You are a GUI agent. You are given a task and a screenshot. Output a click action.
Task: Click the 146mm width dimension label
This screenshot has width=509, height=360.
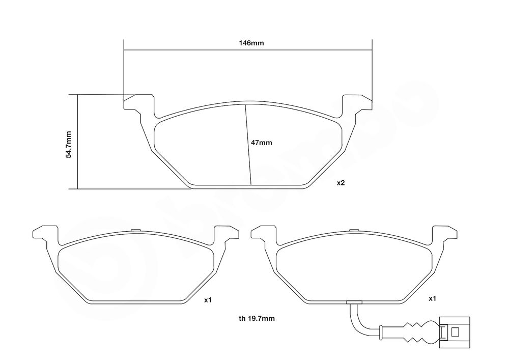[x=251, y=43]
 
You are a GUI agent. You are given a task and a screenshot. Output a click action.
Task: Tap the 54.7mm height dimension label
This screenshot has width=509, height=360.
[x=68, y=145]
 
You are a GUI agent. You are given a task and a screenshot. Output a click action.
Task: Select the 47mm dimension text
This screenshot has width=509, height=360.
[x=261, y=143]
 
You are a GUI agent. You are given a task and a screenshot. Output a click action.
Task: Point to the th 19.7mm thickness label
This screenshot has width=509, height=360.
[x=257, y=318]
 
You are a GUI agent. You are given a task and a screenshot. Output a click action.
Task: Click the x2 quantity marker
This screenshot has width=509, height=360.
[x=341, y=183]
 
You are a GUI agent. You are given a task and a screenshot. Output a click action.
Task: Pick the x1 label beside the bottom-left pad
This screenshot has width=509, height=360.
[x=208, y=300]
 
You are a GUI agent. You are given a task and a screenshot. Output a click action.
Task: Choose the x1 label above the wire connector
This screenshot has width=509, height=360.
[x=432, y=299]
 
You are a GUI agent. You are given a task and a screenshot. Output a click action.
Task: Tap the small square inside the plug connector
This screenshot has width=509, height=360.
[x=455, y=331]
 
